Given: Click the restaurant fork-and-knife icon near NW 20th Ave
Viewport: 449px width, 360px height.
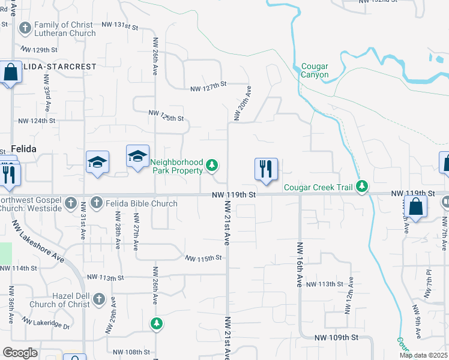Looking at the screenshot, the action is pyautogui.click(x=266, y=169).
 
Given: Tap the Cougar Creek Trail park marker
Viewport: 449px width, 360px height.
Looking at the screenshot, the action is pyautogui.click(x=361, y=187).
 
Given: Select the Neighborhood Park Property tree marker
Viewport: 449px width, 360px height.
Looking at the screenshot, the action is pyautogui.click(x=211, y=165).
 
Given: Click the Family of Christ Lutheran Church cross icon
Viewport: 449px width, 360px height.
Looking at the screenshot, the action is pyautogui.click(x=25, y=28).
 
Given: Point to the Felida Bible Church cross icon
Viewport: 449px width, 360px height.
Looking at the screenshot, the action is pyautogui.click(x=96, y=203).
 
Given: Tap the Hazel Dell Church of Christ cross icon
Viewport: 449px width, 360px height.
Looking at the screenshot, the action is pyautogui.click(x=98, y=299).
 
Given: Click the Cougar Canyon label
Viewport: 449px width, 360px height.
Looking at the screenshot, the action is pyautogui.click(x=315, y=70).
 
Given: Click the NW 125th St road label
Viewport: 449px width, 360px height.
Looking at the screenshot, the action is pyautogui.click(x=166, y=115).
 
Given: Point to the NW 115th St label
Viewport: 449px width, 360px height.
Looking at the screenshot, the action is pyautogui.click(x=203, y=258).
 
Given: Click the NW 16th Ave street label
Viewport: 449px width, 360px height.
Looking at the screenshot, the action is pyautogui.click(x=299, y=265).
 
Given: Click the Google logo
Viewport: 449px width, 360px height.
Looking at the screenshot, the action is pyautogui.click(x=20, y=352).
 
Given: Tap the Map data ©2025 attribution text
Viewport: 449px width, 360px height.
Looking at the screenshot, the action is pyautogui.click(x=423, y=355).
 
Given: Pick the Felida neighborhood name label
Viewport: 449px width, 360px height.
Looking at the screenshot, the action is pyautogui.click(x=23, y=148).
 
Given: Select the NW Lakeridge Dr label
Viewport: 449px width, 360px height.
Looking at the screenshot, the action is pyautogui.click(x=46, y=325).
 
